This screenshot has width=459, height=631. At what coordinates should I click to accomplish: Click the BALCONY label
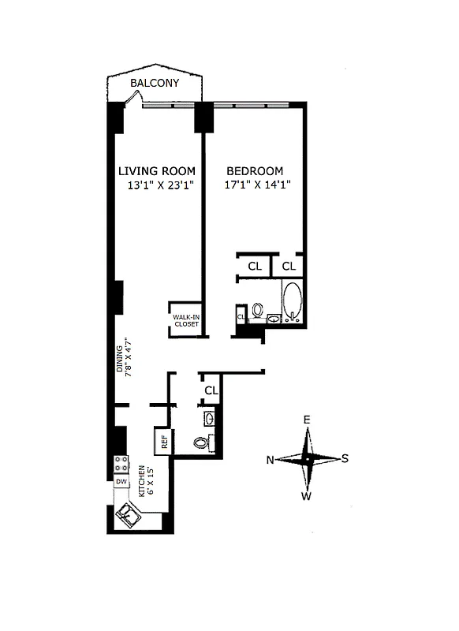[155, 84]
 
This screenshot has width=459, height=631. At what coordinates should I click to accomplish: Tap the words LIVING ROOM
[156, 171]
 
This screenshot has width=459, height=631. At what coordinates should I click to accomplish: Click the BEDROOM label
[255, 171]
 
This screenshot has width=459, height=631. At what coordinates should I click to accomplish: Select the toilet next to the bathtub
[258, 312]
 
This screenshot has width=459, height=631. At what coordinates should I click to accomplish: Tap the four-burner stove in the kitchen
[121, 464]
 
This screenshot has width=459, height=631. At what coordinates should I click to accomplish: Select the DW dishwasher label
[121, 482]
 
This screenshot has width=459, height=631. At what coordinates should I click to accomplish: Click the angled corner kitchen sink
[129, 516]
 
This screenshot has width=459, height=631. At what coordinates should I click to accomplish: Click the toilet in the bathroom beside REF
[201, 442]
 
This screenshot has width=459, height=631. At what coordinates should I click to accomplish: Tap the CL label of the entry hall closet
[211, 390]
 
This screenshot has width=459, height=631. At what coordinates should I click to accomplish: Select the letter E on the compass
[308, 420]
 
